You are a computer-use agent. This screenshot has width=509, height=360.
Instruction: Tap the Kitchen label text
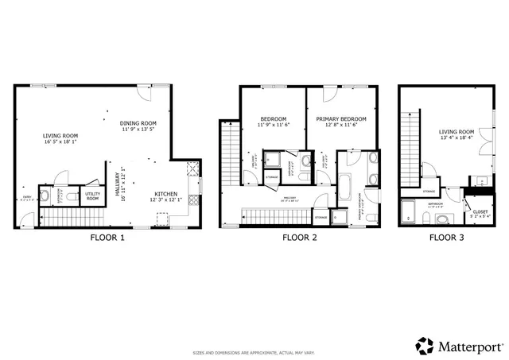[x=166, y=194]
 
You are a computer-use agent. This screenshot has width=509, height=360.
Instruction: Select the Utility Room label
[x=92, y=195]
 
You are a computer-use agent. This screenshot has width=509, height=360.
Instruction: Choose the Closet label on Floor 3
[x=480, y=212]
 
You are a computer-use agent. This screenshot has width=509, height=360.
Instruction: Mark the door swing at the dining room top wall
[x=144, y=93]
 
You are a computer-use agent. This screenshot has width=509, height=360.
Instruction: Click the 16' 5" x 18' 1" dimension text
[x=60, y=143]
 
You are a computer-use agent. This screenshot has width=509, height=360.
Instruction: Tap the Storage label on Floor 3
[x=429, y=192]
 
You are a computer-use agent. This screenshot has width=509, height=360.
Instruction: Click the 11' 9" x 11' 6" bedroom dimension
[x=273, y=126]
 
